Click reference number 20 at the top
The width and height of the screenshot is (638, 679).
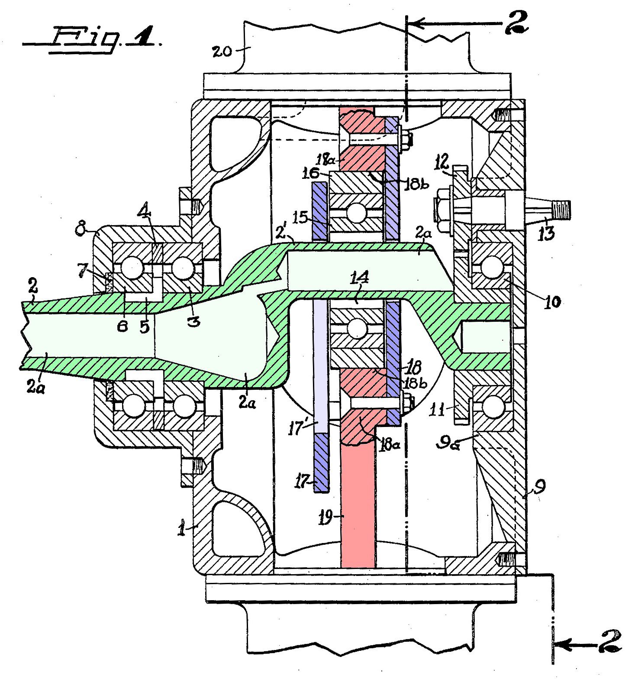click(x=222, y=52)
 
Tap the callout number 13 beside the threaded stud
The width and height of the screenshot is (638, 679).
click(x=547, y=234)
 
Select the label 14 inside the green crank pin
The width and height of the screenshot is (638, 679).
click(x=360, y=277)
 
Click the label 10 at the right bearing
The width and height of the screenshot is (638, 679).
click(x=552, y=301)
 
